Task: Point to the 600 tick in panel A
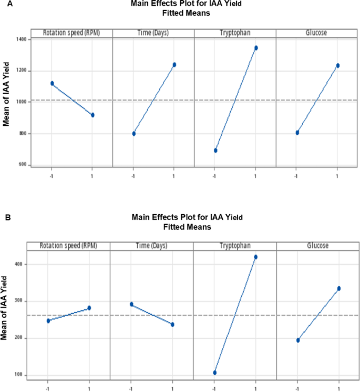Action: pos(23,164)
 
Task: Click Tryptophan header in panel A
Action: pos(235,33)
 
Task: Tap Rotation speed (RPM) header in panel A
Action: pos(71,33)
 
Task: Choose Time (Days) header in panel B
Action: pos(151,246)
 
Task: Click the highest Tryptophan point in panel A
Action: pos(256,48)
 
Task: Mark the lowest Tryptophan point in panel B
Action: pos(214,373)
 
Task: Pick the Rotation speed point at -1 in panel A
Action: pos(52,83)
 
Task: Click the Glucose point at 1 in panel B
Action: pos(339,288)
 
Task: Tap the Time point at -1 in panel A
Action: pos(134,134)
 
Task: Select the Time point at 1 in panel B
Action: pos(172,324)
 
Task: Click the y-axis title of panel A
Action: pos(7,100)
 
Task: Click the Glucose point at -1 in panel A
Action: pos(297,133)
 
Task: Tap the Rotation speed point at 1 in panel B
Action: pos(89,308)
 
